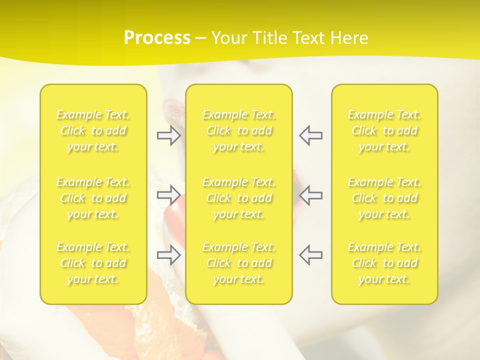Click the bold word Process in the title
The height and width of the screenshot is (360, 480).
[157, 38]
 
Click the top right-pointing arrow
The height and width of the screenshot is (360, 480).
[169, 135]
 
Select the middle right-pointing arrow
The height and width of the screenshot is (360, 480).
[169, 195]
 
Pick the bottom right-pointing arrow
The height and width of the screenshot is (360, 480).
[169, 254]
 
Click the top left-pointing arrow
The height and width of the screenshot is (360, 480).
[310, 135]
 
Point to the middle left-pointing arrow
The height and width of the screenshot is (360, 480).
[310, 195]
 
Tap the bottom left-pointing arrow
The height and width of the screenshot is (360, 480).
[310, 254]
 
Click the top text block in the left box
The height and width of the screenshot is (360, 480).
[93, 131]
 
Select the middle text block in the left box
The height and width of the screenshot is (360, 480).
[93, 198]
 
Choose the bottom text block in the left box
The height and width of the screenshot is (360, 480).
[93, 263]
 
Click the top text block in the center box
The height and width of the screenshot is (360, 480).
[239, 131]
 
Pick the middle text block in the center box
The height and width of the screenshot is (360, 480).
[239, 198]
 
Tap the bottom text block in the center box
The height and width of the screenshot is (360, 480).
[239, 263]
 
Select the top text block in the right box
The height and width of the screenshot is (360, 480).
[384, 131]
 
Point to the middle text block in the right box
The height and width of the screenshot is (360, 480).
[384, 198]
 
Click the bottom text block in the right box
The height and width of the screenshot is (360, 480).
[384, 263]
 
